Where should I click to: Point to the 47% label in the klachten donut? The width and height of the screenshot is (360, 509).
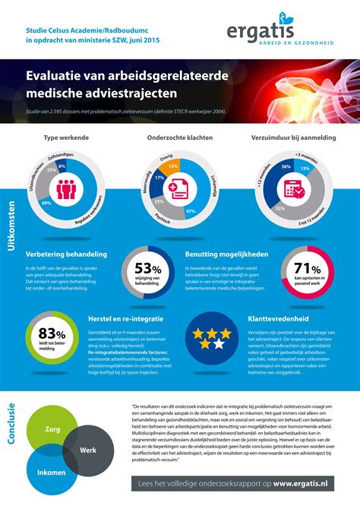coord(191,210)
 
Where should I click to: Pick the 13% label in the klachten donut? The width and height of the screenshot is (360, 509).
coord(173,166)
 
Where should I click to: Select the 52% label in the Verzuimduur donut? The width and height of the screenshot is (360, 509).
coord(280,208)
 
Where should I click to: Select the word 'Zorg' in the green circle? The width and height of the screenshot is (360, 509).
coord(52,429)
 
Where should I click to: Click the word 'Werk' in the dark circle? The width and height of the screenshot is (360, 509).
coord(89,451)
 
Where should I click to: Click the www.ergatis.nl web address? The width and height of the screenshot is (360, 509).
coord(303,484)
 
